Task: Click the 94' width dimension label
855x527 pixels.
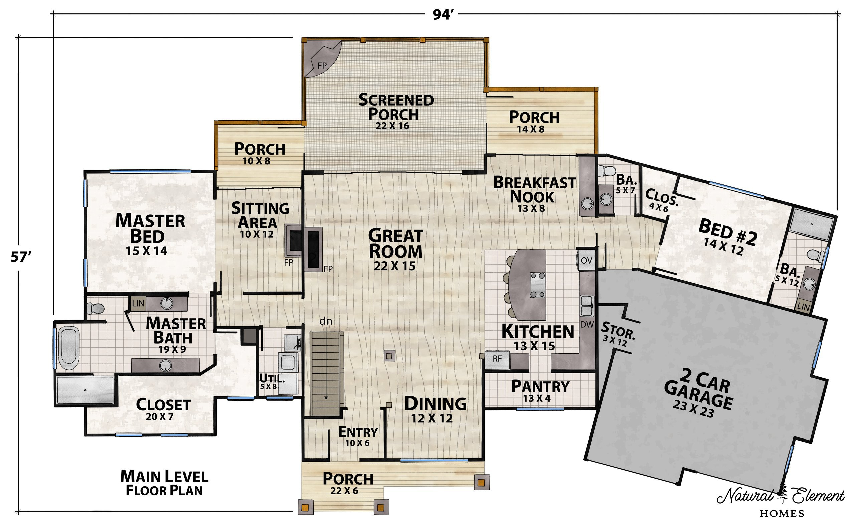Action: point(442,15)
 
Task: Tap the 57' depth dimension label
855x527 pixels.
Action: point(21,257)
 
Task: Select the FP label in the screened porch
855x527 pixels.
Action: point(322,65)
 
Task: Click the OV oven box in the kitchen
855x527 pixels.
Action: point(586,261)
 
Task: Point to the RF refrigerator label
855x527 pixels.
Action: point(497,358)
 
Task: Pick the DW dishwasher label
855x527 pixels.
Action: point(587,325)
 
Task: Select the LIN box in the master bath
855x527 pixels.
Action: point(138,303)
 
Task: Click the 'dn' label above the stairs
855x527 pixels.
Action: point(326,321)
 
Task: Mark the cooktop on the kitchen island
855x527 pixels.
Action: point(537,285)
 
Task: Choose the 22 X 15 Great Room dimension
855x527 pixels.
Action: point(394,266)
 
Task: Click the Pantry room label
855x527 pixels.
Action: point(540,386)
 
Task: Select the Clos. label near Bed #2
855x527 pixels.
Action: point(662,197)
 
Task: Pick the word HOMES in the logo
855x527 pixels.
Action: point(782,513)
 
